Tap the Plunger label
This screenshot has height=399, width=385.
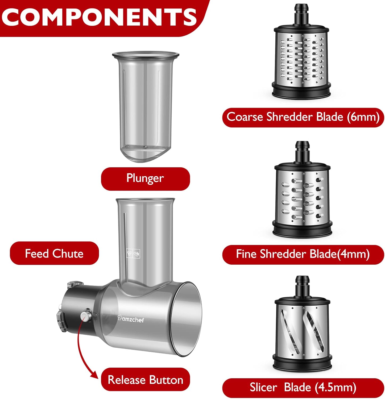click(145, 178)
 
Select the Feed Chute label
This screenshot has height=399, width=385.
click(54, 253)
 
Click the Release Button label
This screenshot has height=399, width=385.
click(145, 380)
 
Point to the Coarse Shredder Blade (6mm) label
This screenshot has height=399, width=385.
click(303, 117)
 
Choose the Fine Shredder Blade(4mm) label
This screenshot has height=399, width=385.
click(303, 254)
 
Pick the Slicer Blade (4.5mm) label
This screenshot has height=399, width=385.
click(303, 388)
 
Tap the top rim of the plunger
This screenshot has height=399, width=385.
click(145, 55)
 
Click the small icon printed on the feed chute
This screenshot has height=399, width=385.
click(133, 253)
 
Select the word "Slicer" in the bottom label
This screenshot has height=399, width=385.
click(263, 387)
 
